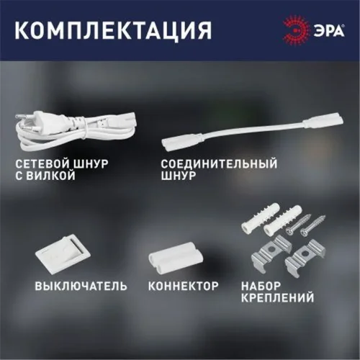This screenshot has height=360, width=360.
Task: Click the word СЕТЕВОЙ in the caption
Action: [40, 164]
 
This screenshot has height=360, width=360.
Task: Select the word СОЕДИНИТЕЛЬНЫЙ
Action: [219, 164]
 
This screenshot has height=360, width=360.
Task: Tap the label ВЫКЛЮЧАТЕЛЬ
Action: [81, 286]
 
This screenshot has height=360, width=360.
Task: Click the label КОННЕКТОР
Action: [183, 286]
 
